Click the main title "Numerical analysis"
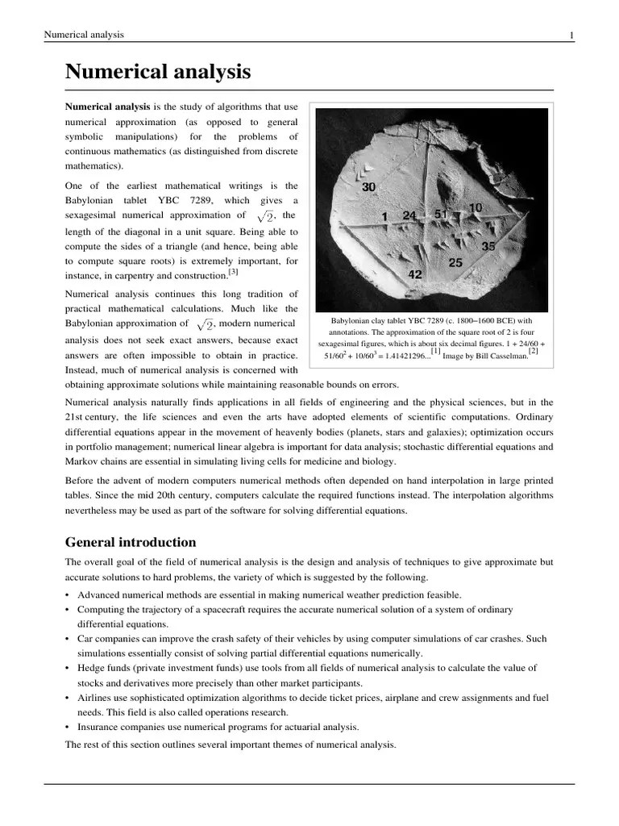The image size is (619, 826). (x=158, y=73)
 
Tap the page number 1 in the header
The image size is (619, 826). (x=571, y=35)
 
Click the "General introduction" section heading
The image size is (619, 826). (x=130, y=542)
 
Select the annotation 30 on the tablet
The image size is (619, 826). (x=369, y=187)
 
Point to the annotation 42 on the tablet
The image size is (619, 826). (x=415, y=274)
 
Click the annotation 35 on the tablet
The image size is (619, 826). (x=488, y=246)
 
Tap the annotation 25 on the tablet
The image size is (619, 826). (x=455, y=263)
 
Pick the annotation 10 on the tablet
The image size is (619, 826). (x=476, y=208)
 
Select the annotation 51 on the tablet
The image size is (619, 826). (x=442, y=215)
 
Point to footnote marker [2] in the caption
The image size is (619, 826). (x=533, y=350)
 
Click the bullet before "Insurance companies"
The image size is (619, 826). (x=68, y=727)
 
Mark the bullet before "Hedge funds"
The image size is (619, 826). (x=68, y=668)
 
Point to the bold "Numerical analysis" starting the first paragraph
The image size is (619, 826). (x=107, y=107)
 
